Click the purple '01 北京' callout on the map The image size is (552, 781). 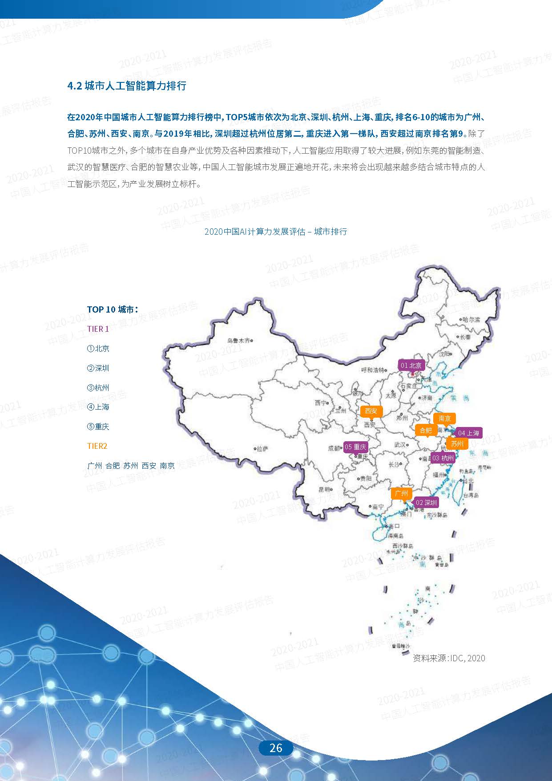(411, 366)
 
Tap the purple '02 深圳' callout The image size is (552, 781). (426, 503)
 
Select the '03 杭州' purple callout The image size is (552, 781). (443, 458)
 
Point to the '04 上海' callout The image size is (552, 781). (468, 433)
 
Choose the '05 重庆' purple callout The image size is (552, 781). (355, 447)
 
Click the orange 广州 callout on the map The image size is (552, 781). (401, 493)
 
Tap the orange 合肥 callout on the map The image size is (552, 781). (426, 430)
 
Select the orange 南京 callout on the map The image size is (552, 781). (444, 419)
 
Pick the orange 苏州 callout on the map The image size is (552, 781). (457, 443)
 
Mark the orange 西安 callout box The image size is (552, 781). (371, 411)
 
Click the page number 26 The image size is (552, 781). (276, 748)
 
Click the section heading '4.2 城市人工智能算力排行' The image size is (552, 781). (127, 86)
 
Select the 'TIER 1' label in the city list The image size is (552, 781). (98, 329)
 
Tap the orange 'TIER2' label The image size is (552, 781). (97, 446)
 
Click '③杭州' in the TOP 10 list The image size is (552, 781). (98, 387)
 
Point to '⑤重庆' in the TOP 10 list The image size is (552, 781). (98, 427)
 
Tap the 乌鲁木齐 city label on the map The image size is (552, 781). (238, 341)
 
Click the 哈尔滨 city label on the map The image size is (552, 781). (471, 320)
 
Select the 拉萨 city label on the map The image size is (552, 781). (262, 449)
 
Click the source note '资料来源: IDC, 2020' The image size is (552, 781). (449, 658)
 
